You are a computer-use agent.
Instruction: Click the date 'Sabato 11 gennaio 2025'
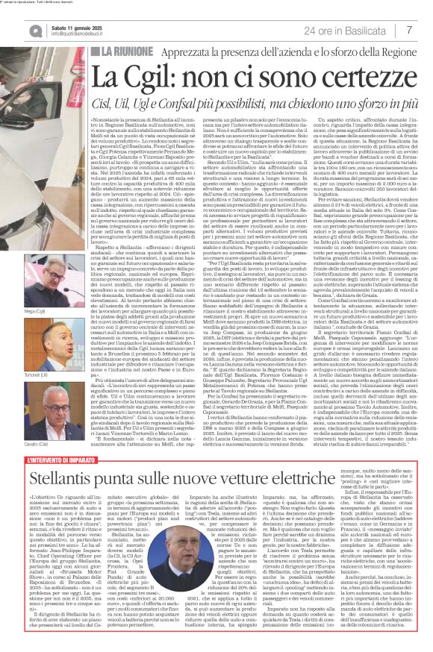pyautogui.click(x=79, y=26)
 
